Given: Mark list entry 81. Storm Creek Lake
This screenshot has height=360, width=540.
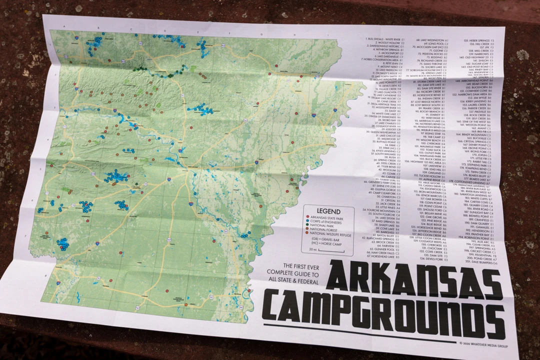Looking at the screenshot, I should (428, 81).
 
